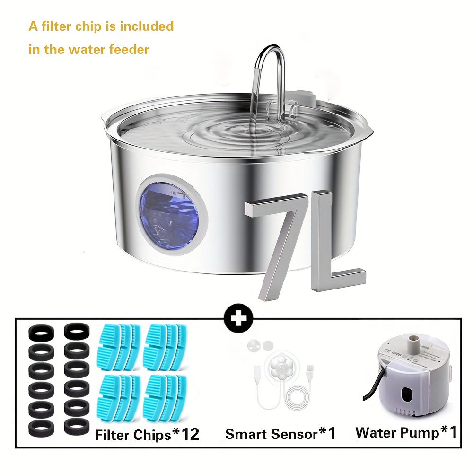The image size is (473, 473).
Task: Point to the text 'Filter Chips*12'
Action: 147,434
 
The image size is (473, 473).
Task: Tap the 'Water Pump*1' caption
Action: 406,432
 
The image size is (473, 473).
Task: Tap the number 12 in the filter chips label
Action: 190,434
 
